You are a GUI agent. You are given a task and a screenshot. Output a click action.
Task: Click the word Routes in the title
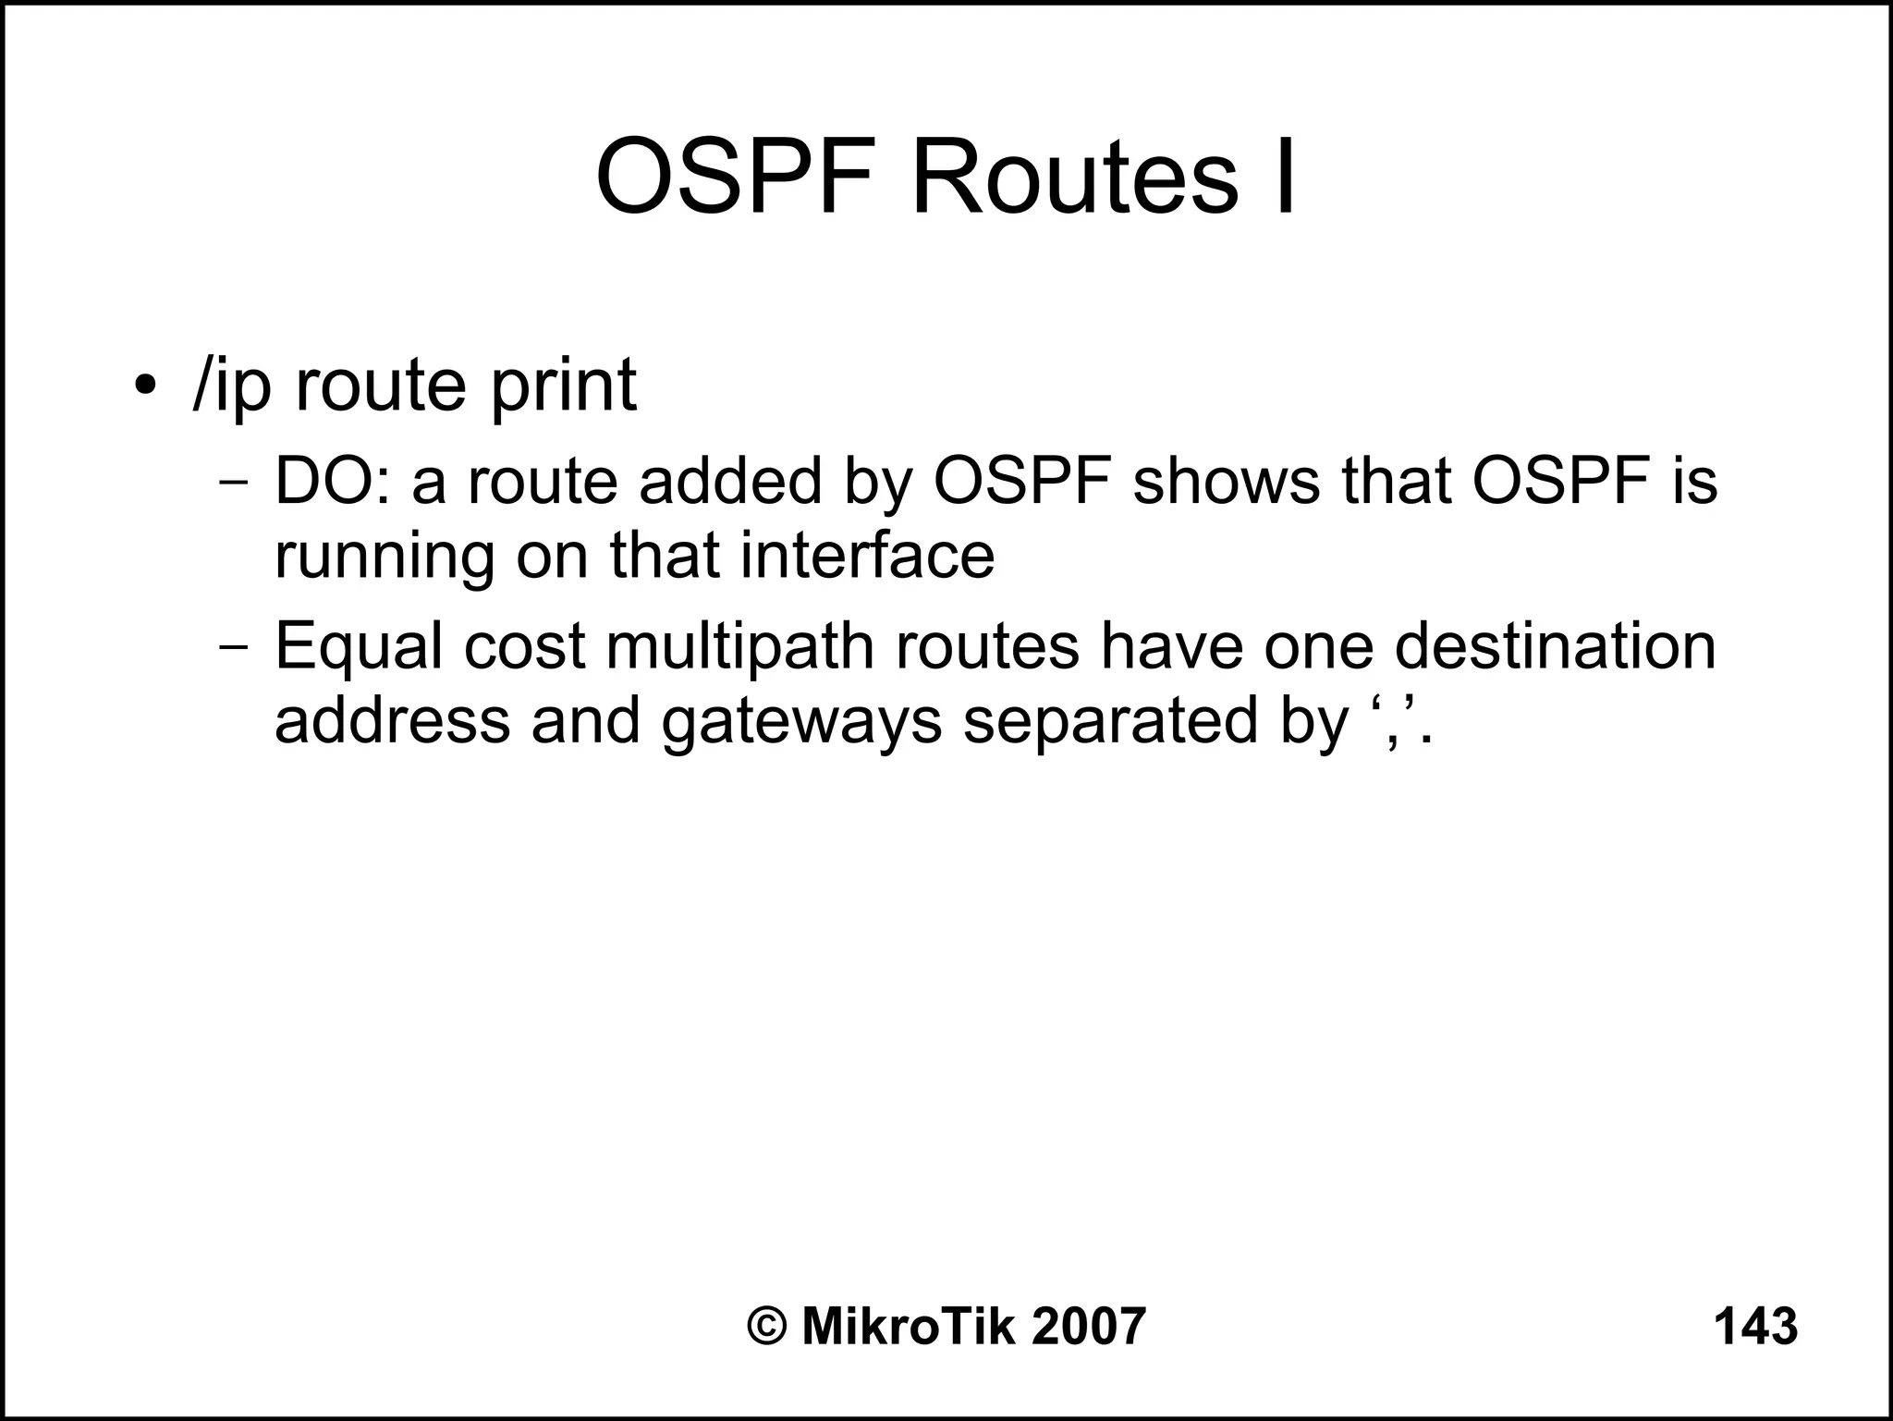pyautogui.click(x=1074, y=178)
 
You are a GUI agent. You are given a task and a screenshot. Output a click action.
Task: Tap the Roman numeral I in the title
pyautogui.click(x=1285, y=178)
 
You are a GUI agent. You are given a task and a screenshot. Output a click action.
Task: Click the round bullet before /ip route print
pyautogui.click(x=143, y=385)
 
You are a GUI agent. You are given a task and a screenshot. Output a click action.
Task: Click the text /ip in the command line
pyautogui.click(x=231, y=386)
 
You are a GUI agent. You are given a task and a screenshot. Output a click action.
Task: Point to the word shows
pyautogui.click(x=1227, y=483)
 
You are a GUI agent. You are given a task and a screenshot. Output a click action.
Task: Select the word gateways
pyautogui.click(x=801, y=723)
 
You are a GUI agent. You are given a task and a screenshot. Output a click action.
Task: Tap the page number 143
pyautogui.click(x=1755, y=1327)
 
